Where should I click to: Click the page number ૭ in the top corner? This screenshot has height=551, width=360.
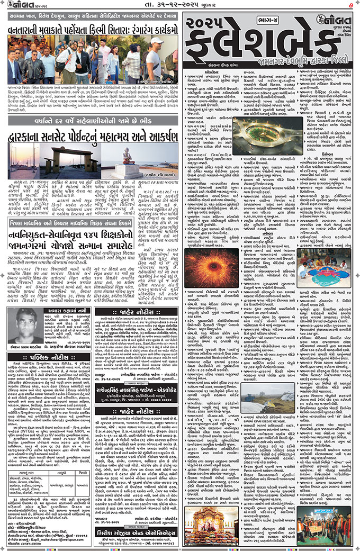pyautogui.click(x=352, y=6)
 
